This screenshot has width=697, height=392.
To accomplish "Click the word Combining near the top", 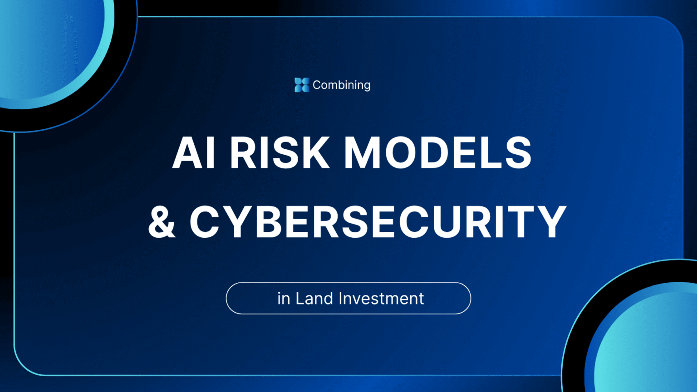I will (341, 85).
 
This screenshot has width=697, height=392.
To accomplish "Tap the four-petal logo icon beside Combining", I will (302, 85).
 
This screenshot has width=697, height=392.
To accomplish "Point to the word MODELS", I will (437, 153).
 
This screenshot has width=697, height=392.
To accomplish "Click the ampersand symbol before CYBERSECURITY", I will (162, 221).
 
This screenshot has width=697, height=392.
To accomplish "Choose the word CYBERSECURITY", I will (378, 221).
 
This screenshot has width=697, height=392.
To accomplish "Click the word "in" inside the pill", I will (284, 299).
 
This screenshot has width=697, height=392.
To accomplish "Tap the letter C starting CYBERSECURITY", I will (206, 221).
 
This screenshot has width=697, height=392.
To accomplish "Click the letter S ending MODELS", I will (518, 153).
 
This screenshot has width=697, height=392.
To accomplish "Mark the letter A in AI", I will (187, 153).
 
